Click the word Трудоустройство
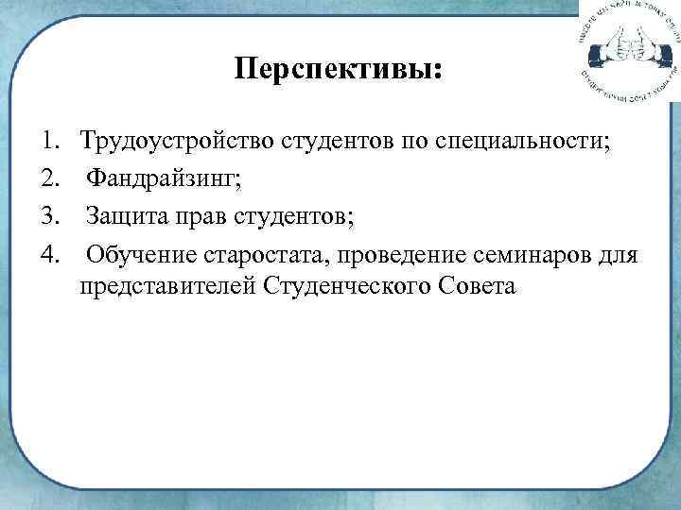tap(177, 144)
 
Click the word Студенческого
tap(349, 284)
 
